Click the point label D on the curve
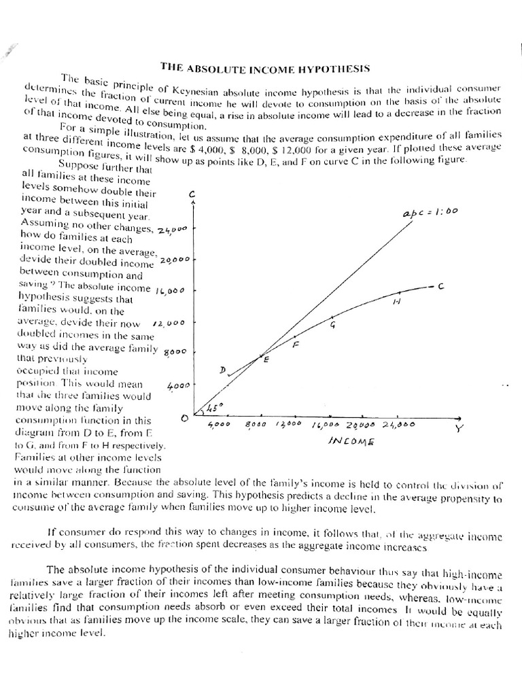click(x=222, y=369)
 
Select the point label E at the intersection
click(x=266, y=360)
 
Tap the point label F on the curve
click(x=296, y=345)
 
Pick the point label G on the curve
click(x=332, y=324)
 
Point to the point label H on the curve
click(x=396, y=302)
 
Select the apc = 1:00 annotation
click(x=430, y=212)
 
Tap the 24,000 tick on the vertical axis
click(x=171, y=230)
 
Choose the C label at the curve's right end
click(x=440, y=287)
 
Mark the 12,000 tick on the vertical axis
click(x=169, y=324)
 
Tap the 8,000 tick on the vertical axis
click(x=176, y=351)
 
